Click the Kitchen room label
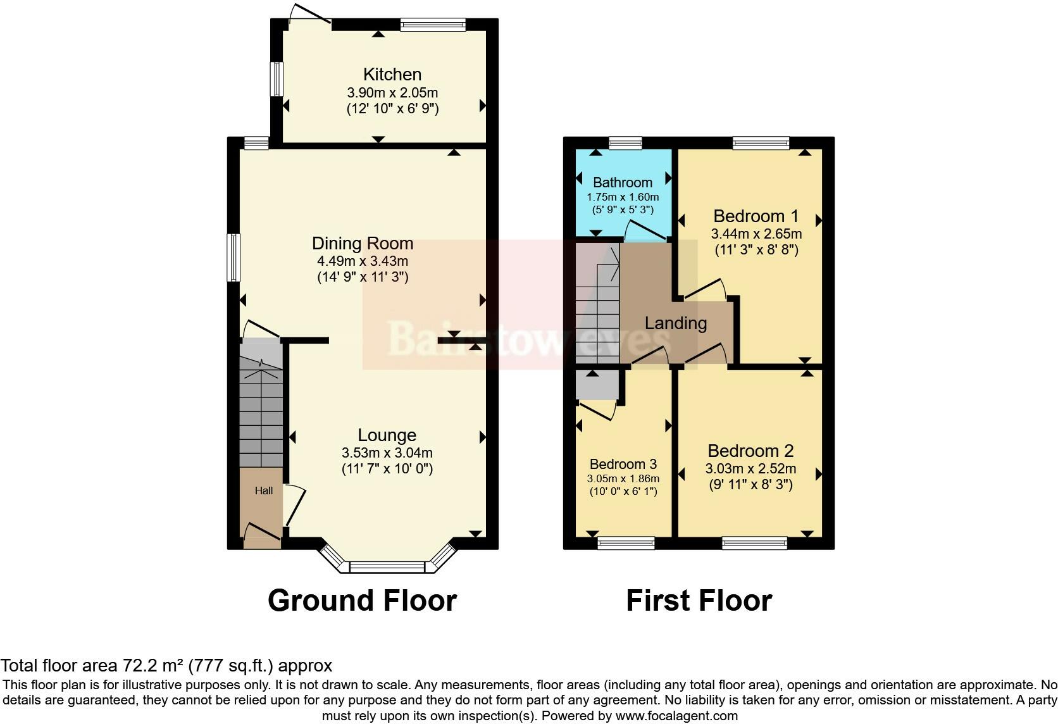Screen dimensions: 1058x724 392,75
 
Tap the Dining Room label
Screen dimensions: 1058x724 363,243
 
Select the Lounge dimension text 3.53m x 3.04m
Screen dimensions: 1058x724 387,453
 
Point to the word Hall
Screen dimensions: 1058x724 264,490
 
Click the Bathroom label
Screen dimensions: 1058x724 623,182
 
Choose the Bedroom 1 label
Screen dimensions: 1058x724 756,216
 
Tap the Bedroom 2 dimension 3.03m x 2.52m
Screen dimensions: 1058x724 750,468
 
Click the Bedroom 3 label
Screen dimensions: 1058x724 623,464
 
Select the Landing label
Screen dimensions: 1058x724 676,323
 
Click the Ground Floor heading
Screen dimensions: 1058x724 363,600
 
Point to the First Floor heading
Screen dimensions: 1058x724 699,600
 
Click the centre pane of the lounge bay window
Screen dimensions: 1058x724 387,566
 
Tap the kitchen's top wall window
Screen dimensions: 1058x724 433,25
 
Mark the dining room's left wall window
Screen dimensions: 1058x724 233,258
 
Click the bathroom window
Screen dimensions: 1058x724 625,142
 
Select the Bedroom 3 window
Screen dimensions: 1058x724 626,543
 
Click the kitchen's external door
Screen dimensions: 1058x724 309,13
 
